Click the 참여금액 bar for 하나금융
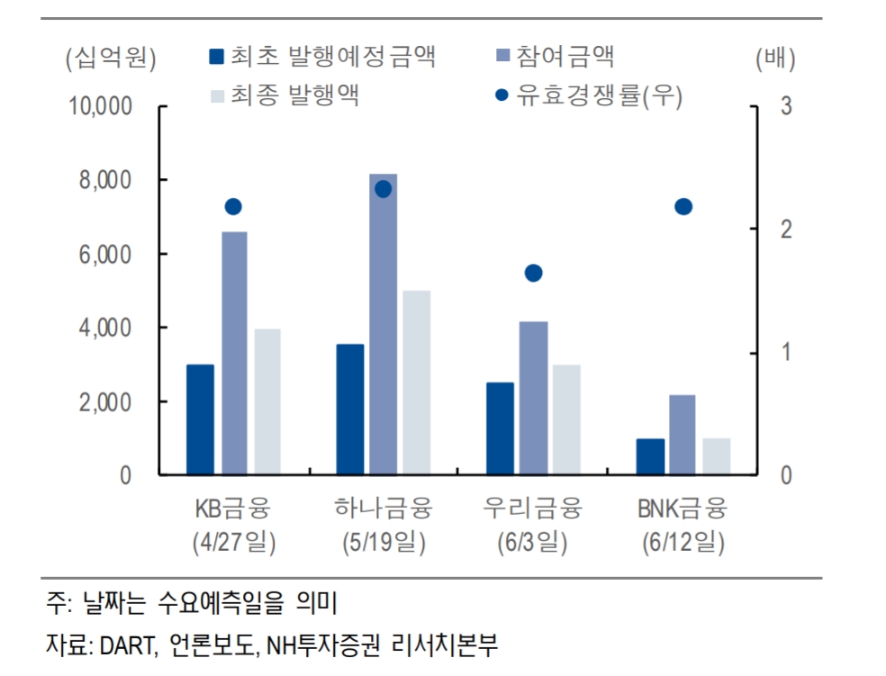click(383, 324)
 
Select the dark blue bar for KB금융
click(200, 419)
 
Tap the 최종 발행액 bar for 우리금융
click(566, 419)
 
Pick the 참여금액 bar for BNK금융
click(682, 434)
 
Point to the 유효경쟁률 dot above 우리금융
click(533, 273)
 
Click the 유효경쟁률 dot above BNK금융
click(683, 207)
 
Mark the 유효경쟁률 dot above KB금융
click(233, 207)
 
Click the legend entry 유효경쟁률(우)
click(599, 94)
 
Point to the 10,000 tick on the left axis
click(100, 106)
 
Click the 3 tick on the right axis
click(786, 106)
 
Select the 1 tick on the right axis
click(786, 352)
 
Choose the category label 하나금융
click(383, 509)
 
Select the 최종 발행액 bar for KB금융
click(267, 401)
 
